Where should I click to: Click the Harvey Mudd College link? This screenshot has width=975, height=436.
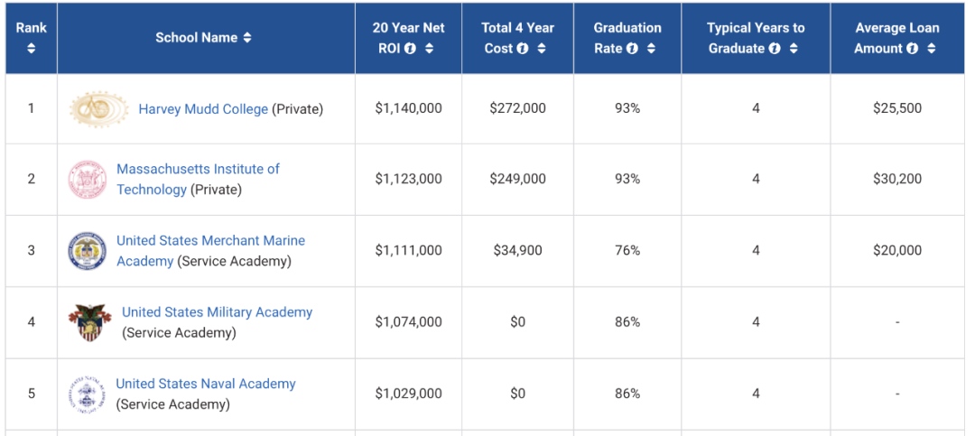pos(203,109)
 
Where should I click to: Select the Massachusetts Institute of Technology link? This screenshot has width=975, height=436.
pos(198,170)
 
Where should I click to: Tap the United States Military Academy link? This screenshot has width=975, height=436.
pos(217,312)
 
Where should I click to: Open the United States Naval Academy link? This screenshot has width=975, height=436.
pos(206,385)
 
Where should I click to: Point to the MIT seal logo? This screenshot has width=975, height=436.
pos(88,180)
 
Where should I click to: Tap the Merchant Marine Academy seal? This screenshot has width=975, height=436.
pos(88,251)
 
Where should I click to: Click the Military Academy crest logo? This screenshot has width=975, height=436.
pos(89,322)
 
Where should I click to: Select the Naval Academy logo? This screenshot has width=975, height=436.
pos(88,394)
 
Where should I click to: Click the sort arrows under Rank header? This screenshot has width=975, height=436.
pos(32,49)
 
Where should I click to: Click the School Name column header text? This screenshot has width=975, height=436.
pos(196,38)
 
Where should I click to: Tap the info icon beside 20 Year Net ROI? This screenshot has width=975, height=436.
pos(411,49)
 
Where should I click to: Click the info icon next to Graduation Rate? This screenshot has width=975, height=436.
pos(632,49)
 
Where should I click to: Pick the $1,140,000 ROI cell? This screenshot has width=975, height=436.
pos(409,108)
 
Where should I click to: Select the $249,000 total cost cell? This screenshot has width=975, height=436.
pos(517,180)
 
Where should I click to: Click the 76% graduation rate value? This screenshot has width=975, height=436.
pos(627,251)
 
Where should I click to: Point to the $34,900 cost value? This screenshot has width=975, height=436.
pos(517,251)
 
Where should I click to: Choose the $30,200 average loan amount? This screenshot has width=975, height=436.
pos(897,180)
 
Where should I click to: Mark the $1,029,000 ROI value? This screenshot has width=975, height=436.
pos(409,394)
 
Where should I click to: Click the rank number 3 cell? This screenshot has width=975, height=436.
pos(32,251)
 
